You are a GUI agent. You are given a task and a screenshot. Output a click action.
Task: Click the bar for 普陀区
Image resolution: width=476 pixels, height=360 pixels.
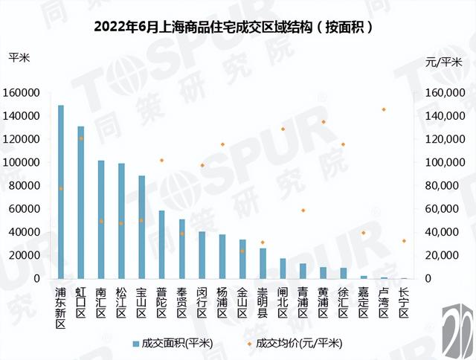[161, 245]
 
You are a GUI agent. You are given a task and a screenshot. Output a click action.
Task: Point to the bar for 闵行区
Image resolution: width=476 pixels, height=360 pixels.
[202, 255]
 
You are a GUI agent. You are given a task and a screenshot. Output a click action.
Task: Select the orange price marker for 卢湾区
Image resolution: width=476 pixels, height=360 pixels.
[384, 109]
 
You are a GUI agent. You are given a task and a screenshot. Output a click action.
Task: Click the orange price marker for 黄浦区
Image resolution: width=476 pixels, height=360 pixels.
[324, 122]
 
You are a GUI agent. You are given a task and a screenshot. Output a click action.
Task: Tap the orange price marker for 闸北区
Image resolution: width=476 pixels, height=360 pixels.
[283, 129]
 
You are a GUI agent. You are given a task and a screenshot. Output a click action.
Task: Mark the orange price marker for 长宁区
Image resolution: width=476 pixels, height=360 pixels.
[404, 241]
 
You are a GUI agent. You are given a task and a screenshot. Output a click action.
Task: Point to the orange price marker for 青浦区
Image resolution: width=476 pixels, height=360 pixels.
[303, 210]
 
